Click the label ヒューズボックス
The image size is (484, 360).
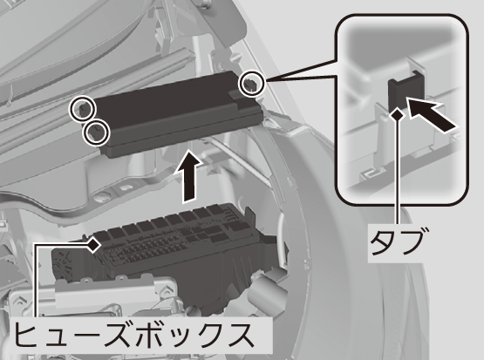[x=133, y=335]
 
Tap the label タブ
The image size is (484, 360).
[x=396, y=241]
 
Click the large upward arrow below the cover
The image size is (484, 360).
[x=189, y=176]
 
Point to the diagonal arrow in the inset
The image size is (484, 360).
[x=432, y=115]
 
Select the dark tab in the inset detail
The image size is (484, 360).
[x=405, y=92]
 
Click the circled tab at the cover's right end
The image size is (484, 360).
[x=251, y=84]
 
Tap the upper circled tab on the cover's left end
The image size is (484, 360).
[x=82, y=108]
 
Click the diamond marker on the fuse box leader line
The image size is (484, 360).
[x=93, y=245]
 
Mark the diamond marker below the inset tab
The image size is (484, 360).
[x=398, y=115]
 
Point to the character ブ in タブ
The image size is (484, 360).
[x=409, y=241]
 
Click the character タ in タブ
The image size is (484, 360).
[x=383, y=241]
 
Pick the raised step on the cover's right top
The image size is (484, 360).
[x=244, y=99]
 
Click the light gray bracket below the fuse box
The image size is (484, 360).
[x=92, y=296]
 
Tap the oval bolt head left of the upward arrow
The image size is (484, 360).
[x=103, y=196]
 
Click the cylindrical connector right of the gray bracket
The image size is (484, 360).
[x=265, y=284]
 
